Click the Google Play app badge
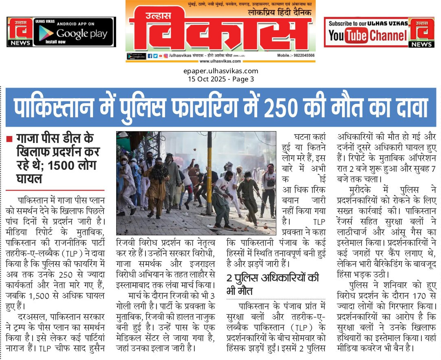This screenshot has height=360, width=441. (x=73, y=32)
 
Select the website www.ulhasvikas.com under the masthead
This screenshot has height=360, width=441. (x=220, y=61)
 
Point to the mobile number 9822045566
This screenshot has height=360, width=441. (x=302, y=55)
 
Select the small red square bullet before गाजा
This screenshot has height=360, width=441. (x=9, y=140)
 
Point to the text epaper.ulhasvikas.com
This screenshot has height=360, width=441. (x=220, y=71)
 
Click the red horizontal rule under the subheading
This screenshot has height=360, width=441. (x=55, y=190)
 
